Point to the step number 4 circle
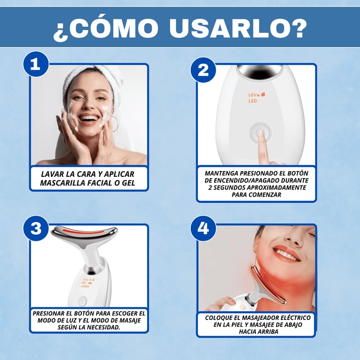coord(203,229)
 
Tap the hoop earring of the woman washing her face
coord(114,124)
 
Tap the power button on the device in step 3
coord(82,301)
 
